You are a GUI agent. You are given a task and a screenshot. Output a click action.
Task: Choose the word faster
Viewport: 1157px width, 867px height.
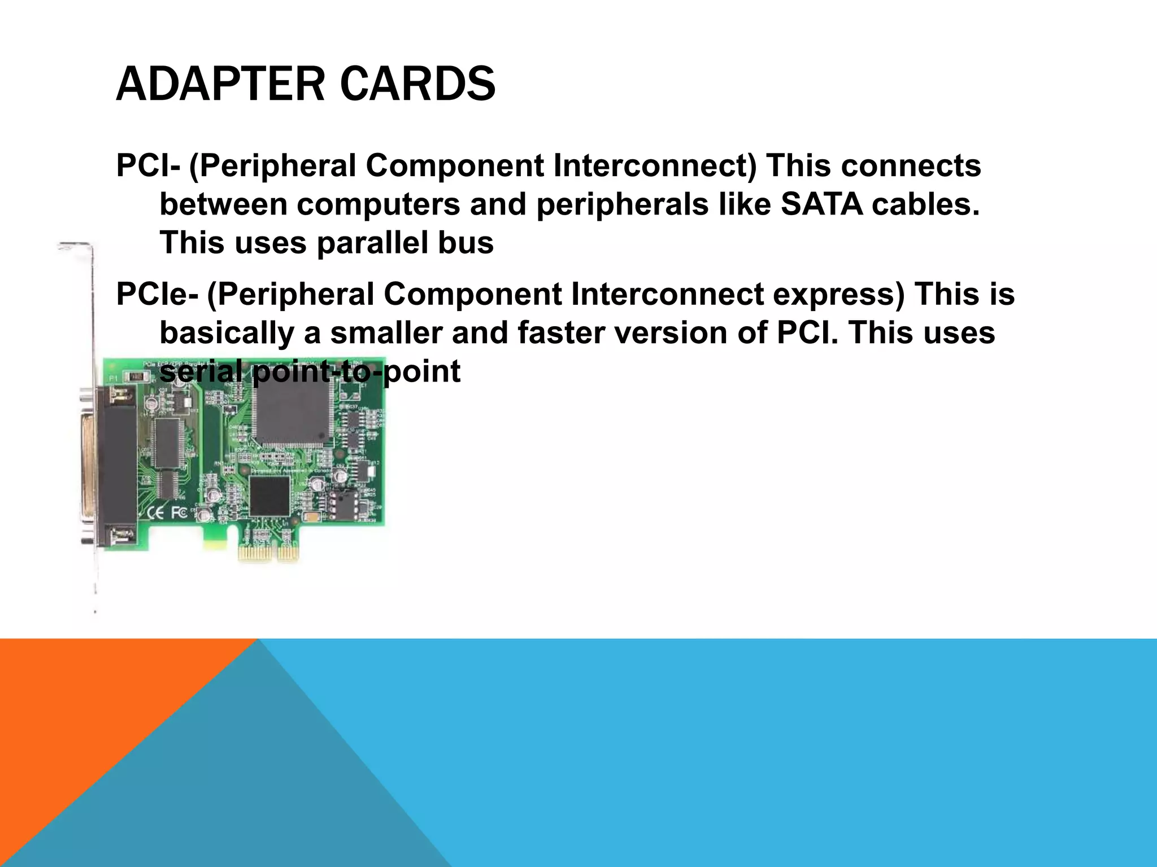tap(561, 333)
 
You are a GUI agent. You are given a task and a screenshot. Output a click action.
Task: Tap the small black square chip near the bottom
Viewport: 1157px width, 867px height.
tap(269, 496)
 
